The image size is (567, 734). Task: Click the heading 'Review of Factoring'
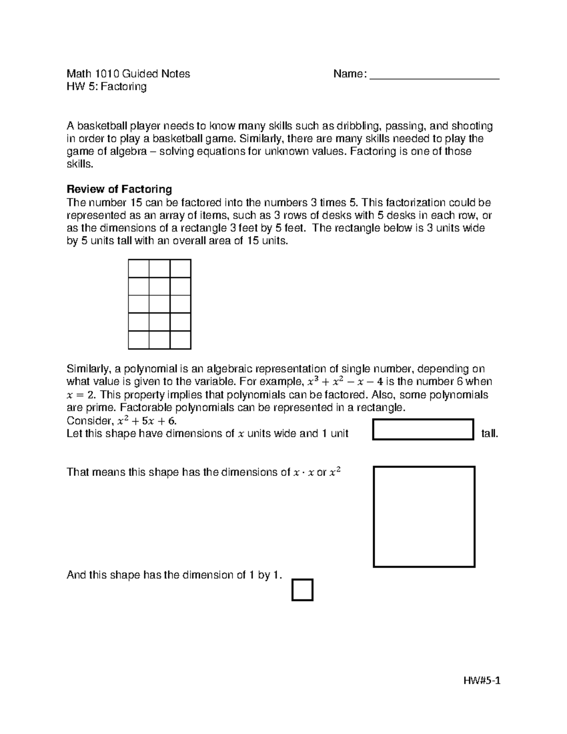pyautogui.click(x=119, y=190)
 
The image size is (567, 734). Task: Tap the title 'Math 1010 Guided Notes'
pyautogui.click(x=129, y=74)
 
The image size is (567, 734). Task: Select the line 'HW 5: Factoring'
pyautogui.click(x=107, y=86)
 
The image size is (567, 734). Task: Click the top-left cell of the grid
pyautogui.click(x=138, y=268)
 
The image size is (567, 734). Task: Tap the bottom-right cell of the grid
pyautogui.click(x=180, y=340)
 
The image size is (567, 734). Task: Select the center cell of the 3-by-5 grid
pyautogui.click(x=159, y=304)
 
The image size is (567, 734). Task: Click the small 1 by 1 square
pyautogui.click(x=302, y=590)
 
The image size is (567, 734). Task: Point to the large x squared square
pyautogui.click(x=424, y=517)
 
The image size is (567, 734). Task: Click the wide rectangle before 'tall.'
pyautogui.click(x=423, y=429)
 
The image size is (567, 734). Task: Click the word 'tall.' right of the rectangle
pyautogui.click(x=489, y=433)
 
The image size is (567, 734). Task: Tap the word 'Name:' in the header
pyautogui.click(x=350, y=74)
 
